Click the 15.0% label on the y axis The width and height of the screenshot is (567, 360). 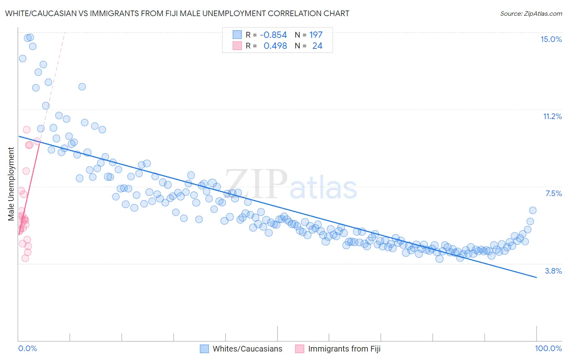[551, 39]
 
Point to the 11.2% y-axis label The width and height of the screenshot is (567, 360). [552, 116]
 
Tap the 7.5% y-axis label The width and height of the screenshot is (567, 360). [553, 193]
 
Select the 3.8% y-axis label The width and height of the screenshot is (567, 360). [553, 271]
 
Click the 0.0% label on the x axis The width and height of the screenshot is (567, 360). [27, 348]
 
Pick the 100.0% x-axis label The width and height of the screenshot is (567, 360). [548, 348]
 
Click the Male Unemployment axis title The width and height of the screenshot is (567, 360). [11, 184]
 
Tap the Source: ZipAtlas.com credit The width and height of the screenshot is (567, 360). [531, 13]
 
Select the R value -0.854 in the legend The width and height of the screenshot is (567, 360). [273, 35]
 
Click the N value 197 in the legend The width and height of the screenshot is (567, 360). [316, 35]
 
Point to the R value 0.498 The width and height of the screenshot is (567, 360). [275, 46]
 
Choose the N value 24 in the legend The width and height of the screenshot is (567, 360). [317, 46]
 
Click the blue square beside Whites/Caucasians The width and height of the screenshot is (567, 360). [204, 349]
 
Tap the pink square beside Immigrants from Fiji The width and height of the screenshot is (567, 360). [300, 349]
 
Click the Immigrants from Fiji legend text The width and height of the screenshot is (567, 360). [344, 349]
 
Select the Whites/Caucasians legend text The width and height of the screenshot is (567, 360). [247, 349]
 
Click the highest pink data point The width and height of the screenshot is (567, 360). [27, 130]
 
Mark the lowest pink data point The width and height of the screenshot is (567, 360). [25, 258]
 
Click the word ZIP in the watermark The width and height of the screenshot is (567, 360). [256, 184]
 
